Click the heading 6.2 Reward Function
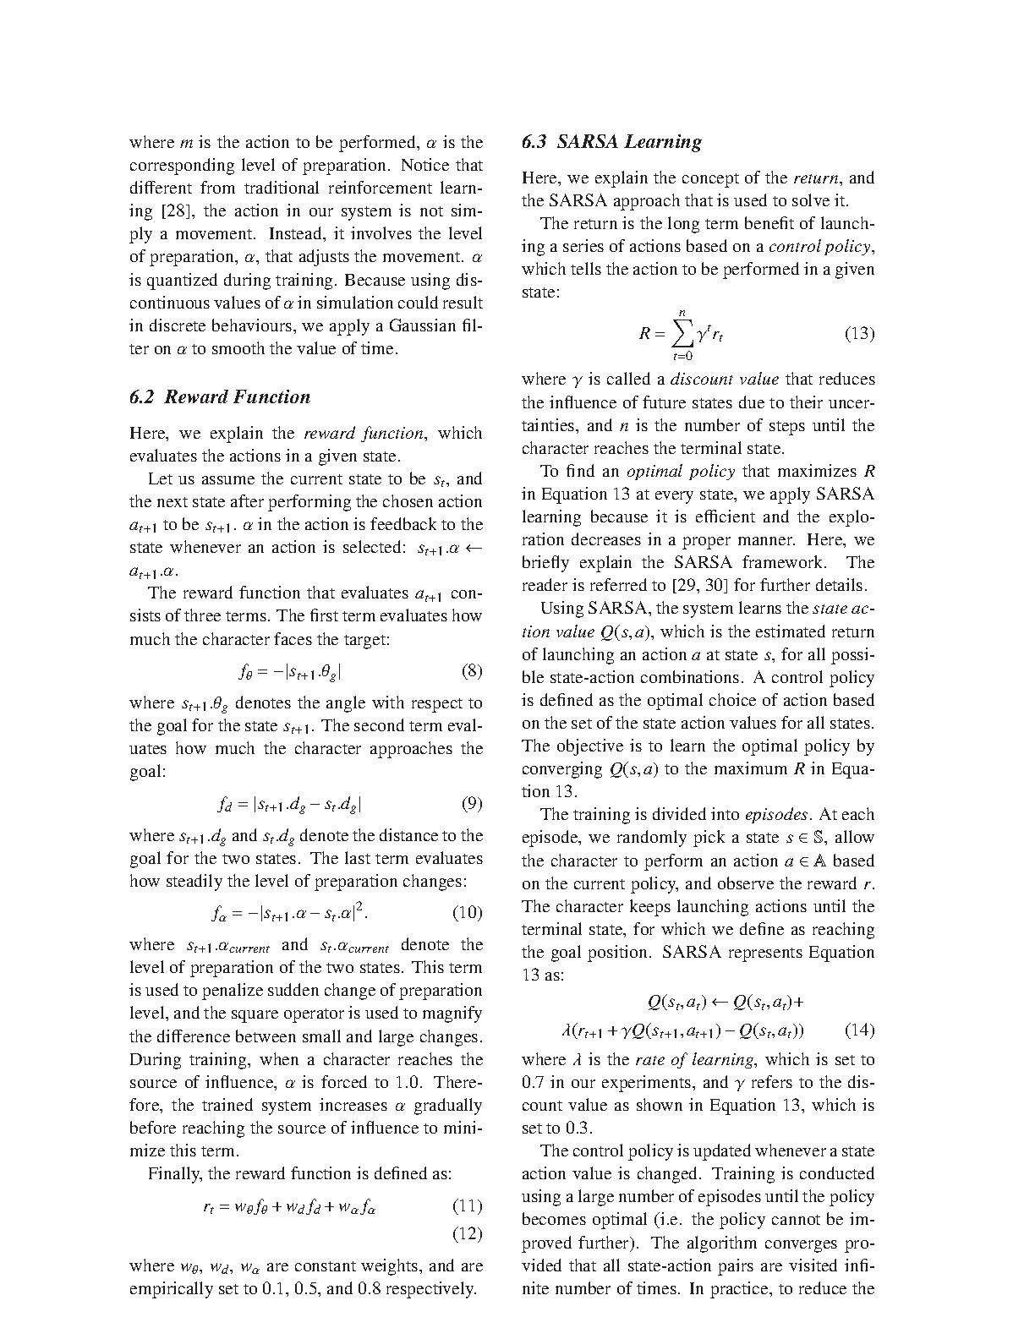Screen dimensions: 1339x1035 pyautogui.click(x=220, y=397)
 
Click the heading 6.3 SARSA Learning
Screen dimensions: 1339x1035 pyautogui.click(x=611, y=142)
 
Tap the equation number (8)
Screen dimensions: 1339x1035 pyautogui.click(x=472, y=672)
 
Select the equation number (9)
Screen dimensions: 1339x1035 pyautogui.click(x=472, y=803)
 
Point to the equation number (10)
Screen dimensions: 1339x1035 pyautogui.click(x=467, y=912)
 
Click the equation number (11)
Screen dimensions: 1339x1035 pyautogui.click(x=467, y=1205)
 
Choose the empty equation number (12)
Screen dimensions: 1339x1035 pyautogui.click(x=467, y=1233)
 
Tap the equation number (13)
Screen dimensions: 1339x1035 pyautogui.click(x=859, y=333)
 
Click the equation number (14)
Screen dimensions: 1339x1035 pyautogui.click(x=859, y=1030)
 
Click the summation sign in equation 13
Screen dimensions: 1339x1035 pyautogui.click(x=681, y=335)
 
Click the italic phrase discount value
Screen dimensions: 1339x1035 pyautogui.click(x=724, y=380)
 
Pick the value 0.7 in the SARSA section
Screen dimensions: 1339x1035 pyautogui.click(x=535, y=1082)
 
